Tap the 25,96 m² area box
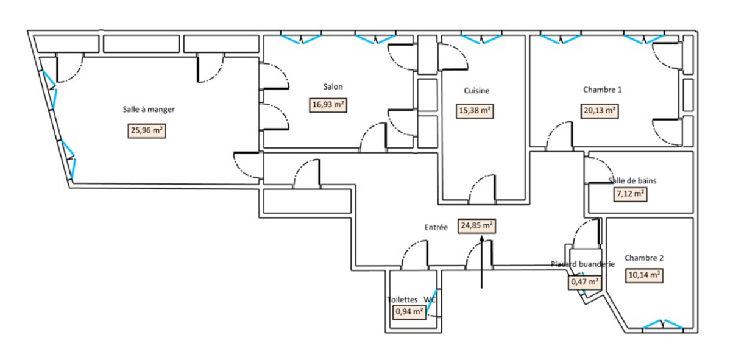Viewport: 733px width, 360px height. click(146, 130)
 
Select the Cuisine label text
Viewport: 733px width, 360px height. click(476, 91)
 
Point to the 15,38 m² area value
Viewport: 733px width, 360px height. click(475, 111)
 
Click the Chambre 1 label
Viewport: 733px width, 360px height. click(602, 90)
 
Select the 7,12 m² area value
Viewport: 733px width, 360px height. click(630, 194)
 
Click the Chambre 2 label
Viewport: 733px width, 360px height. click(644, 258)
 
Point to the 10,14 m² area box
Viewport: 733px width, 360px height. click(645, 275)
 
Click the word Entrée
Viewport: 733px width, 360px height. click(436, 227)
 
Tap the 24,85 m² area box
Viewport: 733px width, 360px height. click(476, 226)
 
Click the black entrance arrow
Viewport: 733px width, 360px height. click(482, 262)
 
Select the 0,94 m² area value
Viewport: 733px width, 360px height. click(409, 312)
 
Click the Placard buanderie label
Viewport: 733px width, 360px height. click(583, 264)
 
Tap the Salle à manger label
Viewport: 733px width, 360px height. click(149, 110)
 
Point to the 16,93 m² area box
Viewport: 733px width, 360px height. click(328, 105)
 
